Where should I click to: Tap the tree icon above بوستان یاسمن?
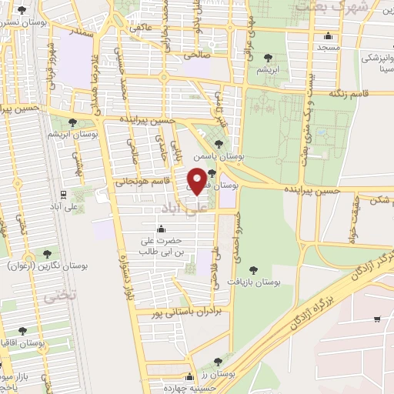219,144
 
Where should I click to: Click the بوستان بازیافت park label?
253,284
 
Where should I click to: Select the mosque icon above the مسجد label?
329,35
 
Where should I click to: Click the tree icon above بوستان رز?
218,361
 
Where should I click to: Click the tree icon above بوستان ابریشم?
72,122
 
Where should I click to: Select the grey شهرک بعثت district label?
321,7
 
